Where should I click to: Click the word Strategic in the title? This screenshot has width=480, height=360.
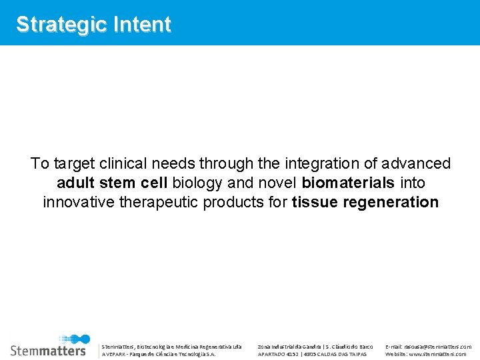54,25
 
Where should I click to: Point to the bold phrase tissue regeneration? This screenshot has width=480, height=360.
365,202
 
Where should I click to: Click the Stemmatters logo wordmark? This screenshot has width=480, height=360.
48,350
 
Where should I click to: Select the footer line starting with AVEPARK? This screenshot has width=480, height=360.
159,354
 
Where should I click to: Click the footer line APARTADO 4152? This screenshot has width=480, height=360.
312,354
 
